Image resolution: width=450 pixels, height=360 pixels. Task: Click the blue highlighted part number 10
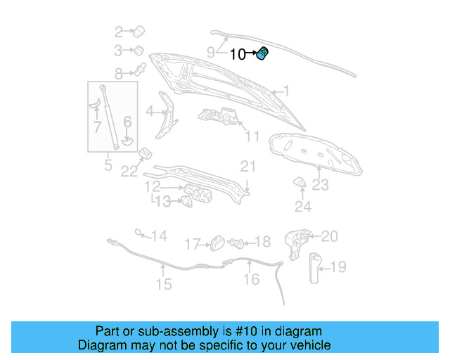[263, 54]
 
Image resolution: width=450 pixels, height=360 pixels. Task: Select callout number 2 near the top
[119, 31]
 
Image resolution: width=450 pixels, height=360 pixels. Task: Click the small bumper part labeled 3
[139, 50]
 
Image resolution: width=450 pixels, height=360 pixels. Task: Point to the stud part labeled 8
[140, 70]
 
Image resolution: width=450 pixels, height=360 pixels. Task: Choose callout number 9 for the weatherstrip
[211, 51]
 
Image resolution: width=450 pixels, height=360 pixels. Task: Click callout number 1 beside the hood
[285, 91]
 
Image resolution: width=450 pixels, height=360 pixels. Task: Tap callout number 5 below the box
[108, 166]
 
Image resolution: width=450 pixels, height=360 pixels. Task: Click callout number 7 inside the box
[97, 127]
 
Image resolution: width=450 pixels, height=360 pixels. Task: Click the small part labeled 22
[146, 154]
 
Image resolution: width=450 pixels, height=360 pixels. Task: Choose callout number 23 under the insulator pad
[321, 185]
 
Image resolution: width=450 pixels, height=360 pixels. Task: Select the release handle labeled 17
[217, 243]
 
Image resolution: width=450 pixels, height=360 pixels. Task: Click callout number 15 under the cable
[163, 285]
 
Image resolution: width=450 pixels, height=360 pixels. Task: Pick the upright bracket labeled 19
[314, 266]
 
